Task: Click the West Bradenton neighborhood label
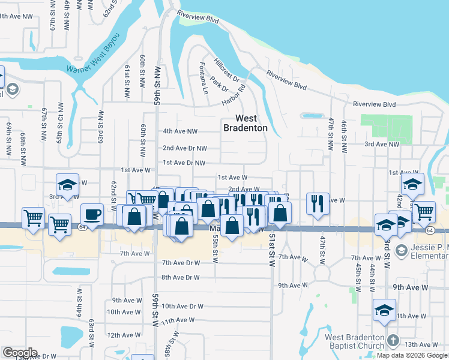click(246, 123)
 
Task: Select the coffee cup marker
click(92, 214)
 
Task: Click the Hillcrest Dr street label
click(226, 71)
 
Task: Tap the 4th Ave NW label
click(180, 131)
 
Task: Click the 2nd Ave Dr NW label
click(185, 148)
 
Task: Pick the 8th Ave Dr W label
click(180, 277)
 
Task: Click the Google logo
click(20, 353)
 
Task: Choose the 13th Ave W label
click(421, 344)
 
